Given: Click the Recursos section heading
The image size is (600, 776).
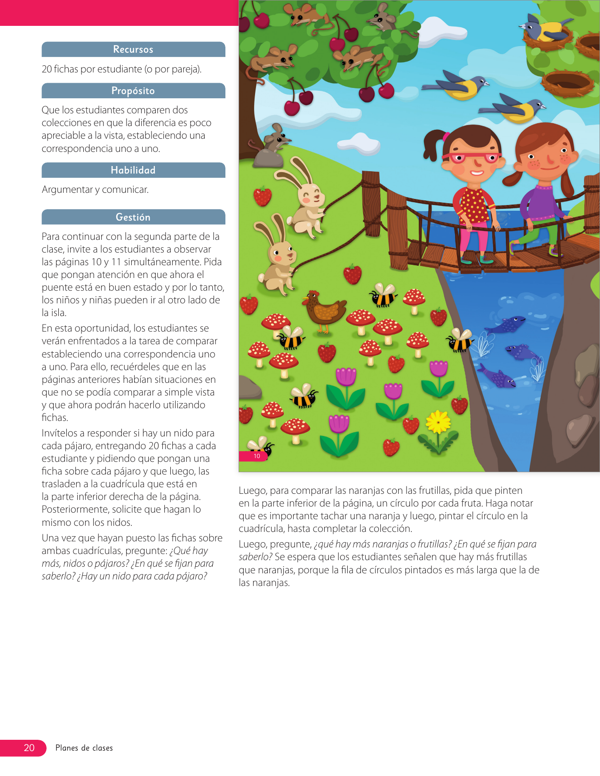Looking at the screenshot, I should (133, 49).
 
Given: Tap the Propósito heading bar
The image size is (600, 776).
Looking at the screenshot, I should (133, 91).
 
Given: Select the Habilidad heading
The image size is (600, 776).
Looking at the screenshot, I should (133, 170).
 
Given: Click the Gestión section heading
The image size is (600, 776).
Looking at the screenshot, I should (133, 217).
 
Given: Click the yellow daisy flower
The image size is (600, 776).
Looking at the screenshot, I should (438, 422).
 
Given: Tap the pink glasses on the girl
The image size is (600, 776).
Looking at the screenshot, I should (471, 157).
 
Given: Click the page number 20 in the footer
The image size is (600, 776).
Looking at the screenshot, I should (29, 748).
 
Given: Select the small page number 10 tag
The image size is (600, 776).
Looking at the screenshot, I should (257, 456).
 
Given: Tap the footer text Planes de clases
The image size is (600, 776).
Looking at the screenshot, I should (84, 748).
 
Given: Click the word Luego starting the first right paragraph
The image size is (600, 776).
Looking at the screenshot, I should (253, 491).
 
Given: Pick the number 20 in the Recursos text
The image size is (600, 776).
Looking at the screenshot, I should (47, 69).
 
